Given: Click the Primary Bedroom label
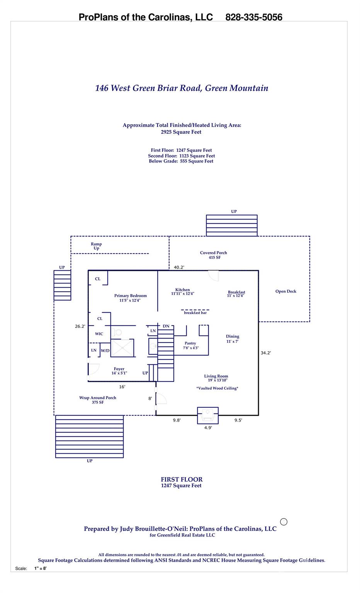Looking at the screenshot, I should [130, 298].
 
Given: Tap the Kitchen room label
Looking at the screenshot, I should [183, 291].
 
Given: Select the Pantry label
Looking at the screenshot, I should [190, 345].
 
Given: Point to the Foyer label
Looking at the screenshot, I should [119, 371].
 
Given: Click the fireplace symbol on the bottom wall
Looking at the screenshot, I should [208, 415].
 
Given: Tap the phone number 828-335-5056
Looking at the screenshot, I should [254, 17].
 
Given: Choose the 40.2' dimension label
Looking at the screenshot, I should [179, 267].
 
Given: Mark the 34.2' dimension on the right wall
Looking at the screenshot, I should [266, 352].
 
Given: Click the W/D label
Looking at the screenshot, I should [105, 351].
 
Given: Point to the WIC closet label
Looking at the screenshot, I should [99, 334].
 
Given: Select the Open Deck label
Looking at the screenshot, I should [286, 291].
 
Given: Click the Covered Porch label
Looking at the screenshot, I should [213, 255].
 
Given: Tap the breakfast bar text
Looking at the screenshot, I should [195, 313].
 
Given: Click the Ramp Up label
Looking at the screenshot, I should [96, 246].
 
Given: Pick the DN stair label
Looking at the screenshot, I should [166, 326].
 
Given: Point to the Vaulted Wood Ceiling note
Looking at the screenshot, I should [217, 388].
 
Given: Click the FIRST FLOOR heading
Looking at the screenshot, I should [182, 479].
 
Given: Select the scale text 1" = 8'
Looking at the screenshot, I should [40, 568].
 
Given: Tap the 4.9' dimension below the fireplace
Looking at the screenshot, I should [208, 428].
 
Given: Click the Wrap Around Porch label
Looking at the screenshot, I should [98, 400].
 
